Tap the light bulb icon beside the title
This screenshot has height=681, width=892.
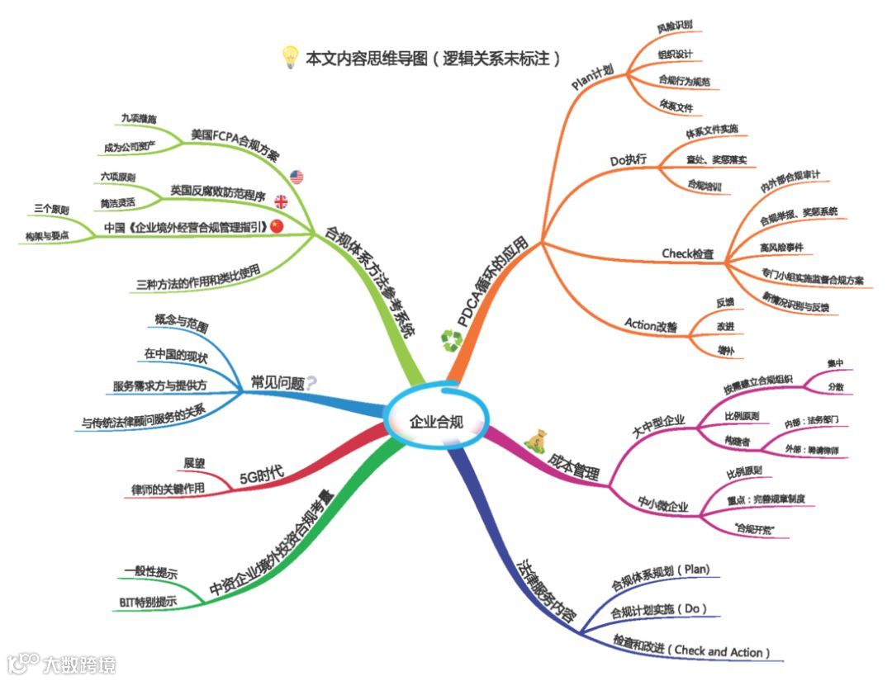[x=290, y=57]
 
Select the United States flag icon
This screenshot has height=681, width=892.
[x=297, y=176]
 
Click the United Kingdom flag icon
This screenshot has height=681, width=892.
[x=281, y=200]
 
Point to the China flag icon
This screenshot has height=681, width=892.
[x=276, y=225]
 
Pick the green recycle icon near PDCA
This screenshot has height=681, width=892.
[x=452, y=339]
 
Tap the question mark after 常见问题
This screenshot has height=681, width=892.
[x=311, y=381]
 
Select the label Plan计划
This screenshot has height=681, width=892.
[x=592, y=78]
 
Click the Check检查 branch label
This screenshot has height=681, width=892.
[x=688, y=253]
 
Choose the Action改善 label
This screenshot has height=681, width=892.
[x=651, y=326]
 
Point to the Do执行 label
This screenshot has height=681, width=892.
[x=629, y=160]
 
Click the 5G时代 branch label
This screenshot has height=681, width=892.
[x=261, y=475]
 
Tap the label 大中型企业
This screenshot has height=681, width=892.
[x=658, y=423]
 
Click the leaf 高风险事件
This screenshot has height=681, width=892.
[x=786, y=245]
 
